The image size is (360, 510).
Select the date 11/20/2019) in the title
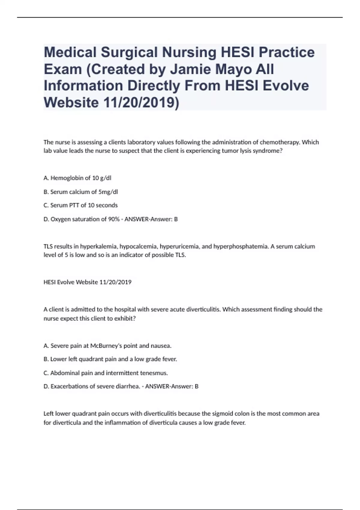[x=141, y=103]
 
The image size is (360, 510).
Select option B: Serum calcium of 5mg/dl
[x=81, y=192]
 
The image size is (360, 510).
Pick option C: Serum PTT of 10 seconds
[x=80, y=205]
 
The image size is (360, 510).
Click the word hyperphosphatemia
[x=240, y=247]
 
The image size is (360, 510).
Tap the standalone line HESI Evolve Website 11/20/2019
[x=87, y=282]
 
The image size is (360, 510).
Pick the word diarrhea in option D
[x=128, y=386]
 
